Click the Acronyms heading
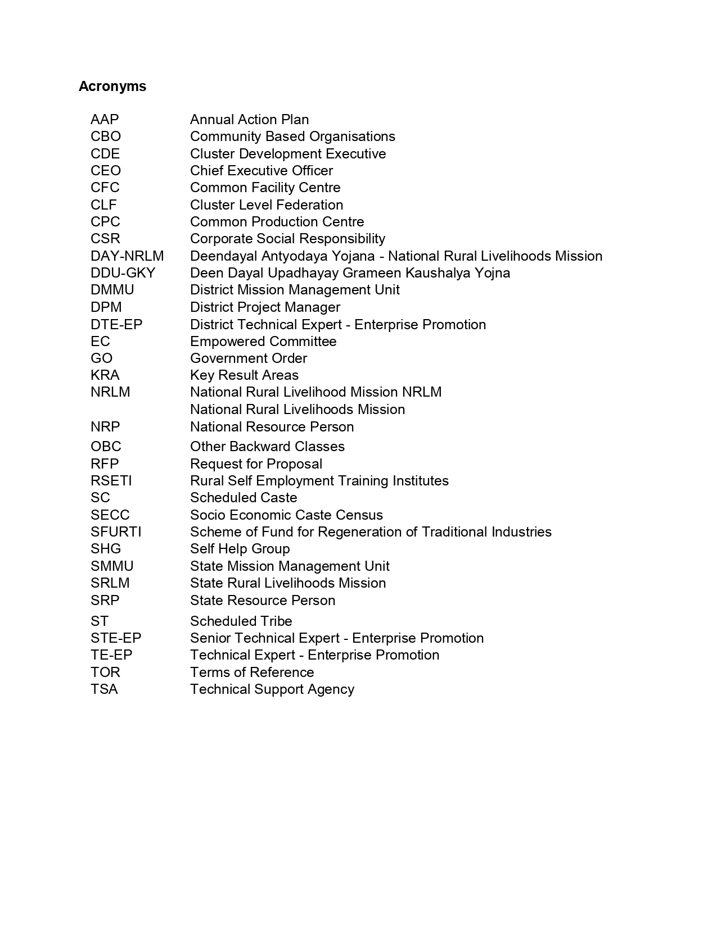tap(112, 87)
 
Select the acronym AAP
tap(105, 120)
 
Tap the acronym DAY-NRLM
tap(127, 256)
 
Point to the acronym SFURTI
tap(116, 532)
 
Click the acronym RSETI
tap(111, 481)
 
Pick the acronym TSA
tap(104, 689)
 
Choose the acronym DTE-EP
tap(116, 325)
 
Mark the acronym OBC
tap(106, 447)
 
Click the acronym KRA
tap(105, 375)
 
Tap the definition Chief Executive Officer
tap(261, 171)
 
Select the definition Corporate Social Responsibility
tap(287, 239)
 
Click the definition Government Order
tap(249, 358)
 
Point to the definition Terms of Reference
tap(252, 672)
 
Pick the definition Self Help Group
tap(240, 549)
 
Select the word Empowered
tap(228, 342)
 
